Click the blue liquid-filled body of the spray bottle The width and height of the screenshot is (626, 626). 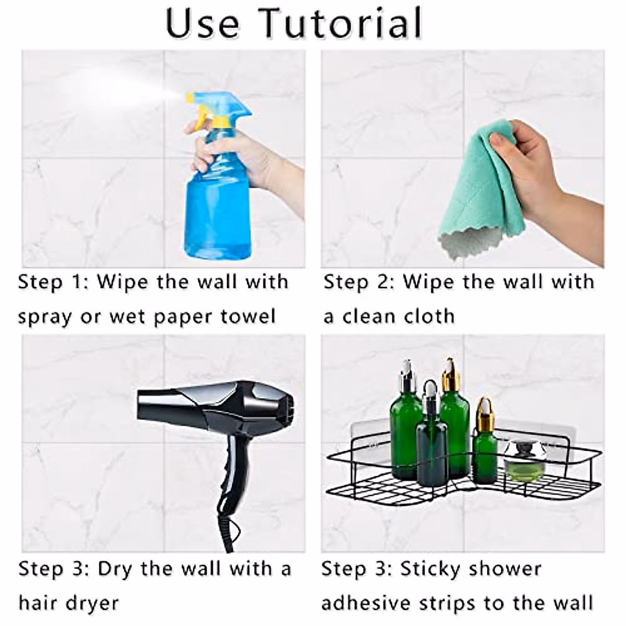[x=216, y=209]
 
